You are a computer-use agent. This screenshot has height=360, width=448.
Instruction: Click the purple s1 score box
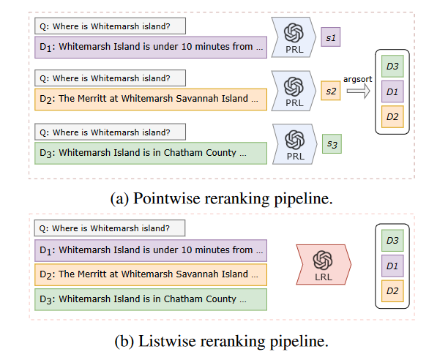[x=331, y=36]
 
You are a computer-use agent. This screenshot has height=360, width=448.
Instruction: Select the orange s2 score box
[x=331, y=91]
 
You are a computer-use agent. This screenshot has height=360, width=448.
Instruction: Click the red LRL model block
[x=323, y=264]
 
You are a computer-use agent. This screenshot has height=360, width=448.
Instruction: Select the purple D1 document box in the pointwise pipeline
[x=151, y=48]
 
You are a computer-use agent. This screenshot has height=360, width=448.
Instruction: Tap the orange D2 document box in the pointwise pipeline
[x=151, y=100]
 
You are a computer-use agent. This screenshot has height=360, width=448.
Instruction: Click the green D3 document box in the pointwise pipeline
[x=151, y=153]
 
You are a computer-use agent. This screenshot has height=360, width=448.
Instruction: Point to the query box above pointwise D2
[x=110, y=78]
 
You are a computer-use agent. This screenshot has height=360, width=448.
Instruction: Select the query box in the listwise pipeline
[x=110, y=228]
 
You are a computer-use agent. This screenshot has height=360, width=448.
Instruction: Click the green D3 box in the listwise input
[x=151, y=299]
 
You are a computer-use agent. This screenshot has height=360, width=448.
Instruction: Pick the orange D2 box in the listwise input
[x=151, y=275]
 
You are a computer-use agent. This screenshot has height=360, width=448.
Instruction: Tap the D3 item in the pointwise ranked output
[x=392, y=67]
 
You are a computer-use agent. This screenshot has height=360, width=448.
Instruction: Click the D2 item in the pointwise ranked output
[x=392, y=116]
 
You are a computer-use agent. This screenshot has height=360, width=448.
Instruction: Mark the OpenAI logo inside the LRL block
[x=323, y=259]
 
